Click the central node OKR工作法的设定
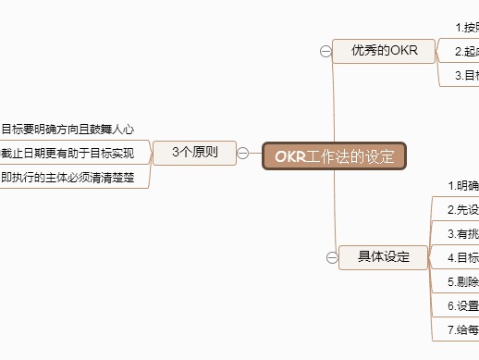click(x=334, y=155)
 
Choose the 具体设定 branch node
click(x=383, y=256)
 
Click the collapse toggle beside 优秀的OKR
click(x=325, y=52)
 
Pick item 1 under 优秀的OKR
click(x=466, y=28)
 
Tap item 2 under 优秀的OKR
click(x=466, y=52)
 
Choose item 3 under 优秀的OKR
click(x=466, y=75)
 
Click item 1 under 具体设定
click(x=462, y=186)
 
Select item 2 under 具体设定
click(x=462, y=210)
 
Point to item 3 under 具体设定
click(x=462, y=234)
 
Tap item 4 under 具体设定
click(x=462, y=257)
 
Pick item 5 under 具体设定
click(x=462, y=281)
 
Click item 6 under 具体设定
click(x=462, y=305)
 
